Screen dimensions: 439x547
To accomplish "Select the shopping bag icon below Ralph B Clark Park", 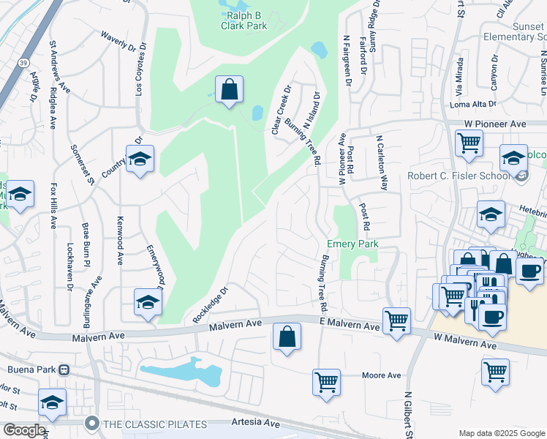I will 230,90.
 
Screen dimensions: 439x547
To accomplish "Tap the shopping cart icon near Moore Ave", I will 326,380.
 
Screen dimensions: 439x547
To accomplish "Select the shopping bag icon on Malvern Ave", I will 287,337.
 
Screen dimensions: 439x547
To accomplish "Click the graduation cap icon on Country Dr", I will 140,157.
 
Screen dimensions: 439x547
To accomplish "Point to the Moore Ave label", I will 382,375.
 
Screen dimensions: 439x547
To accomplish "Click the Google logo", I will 23,430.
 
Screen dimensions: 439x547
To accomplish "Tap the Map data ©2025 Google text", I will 502,433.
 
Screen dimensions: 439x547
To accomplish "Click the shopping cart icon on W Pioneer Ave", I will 469,142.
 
